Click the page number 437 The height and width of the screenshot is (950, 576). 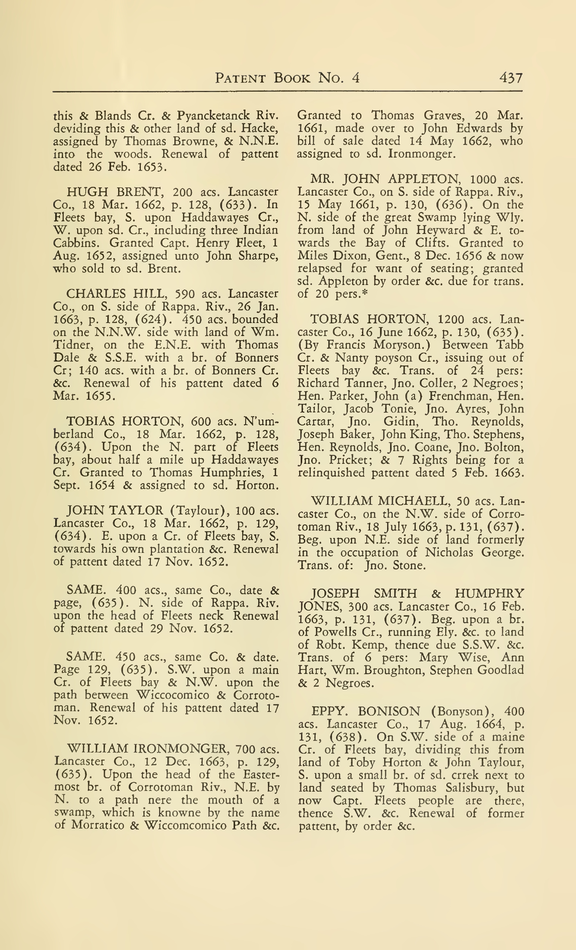click(511, 78)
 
